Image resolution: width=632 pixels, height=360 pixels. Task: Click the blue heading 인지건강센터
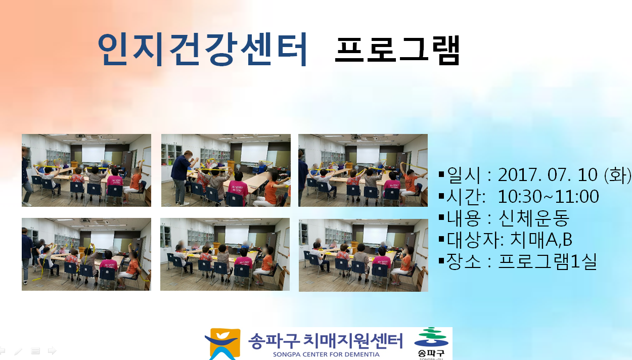coord(202,50)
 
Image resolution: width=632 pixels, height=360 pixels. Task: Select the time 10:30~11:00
coord(548,196)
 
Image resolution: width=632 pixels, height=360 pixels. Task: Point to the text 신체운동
coord(534,218)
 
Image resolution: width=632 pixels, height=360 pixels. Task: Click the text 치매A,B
coord(541,240)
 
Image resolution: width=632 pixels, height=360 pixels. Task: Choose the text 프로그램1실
coord(548,261)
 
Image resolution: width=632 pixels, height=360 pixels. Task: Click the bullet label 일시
coord(464,175)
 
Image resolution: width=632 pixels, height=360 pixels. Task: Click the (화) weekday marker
coord(617,175)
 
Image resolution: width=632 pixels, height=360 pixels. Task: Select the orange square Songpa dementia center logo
coord(223,344)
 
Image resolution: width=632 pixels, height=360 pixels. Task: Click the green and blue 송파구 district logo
coord(431,343)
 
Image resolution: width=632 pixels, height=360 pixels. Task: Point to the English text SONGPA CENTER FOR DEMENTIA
coord(326,354)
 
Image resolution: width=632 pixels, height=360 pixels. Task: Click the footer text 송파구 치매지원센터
coord(325,341)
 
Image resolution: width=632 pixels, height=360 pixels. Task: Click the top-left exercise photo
coord(86,170)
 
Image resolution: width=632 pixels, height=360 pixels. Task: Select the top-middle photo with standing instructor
coord(225,170)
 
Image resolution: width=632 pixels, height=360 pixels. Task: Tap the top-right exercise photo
coord(363,170)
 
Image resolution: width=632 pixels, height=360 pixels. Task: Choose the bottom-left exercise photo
coord(86,254)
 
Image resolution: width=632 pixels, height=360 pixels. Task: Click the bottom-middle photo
coord(225,254)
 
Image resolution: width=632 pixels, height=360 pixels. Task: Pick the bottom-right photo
coord(364,255)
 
